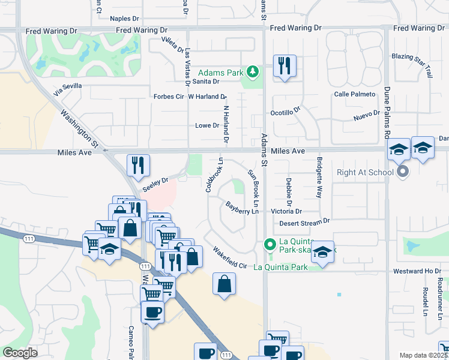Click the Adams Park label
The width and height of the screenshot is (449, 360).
[x=220, y=73]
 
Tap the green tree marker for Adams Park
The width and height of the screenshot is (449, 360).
[x=253, y=73]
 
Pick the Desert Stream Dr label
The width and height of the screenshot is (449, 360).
[x=305, y=222]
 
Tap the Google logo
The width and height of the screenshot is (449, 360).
[x=20, y=353]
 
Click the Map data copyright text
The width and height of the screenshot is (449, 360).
[x=424, y=355]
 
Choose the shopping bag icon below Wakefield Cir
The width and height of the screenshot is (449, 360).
[x=224, y=284]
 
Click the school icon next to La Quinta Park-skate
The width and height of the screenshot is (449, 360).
[x=322, y=253]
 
